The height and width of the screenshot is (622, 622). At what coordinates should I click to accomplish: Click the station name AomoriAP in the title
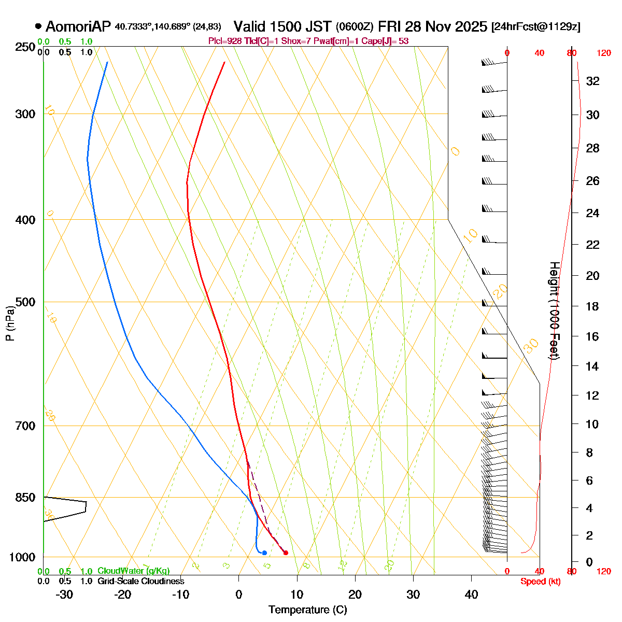[78, 26]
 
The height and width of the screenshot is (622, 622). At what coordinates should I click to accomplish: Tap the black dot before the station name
[38, 26]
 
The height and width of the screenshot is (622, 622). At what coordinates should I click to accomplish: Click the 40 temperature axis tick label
[471, 595]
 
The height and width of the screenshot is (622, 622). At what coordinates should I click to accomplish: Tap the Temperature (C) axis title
[307, 610]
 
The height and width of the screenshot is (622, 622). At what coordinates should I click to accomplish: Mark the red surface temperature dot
[286, 553]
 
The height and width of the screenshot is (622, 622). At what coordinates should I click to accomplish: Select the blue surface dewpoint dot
[264, 553]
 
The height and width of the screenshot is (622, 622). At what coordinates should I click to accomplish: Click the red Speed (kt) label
[540, 582]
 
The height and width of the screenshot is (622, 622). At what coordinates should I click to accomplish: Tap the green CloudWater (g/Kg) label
[134, 571]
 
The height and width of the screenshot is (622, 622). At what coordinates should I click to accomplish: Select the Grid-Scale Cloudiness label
[140, 582]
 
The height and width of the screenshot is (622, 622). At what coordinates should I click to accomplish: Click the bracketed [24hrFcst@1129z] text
[536, 27]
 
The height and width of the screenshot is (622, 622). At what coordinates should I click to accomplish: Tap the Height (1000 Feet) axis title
[554, 311]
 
